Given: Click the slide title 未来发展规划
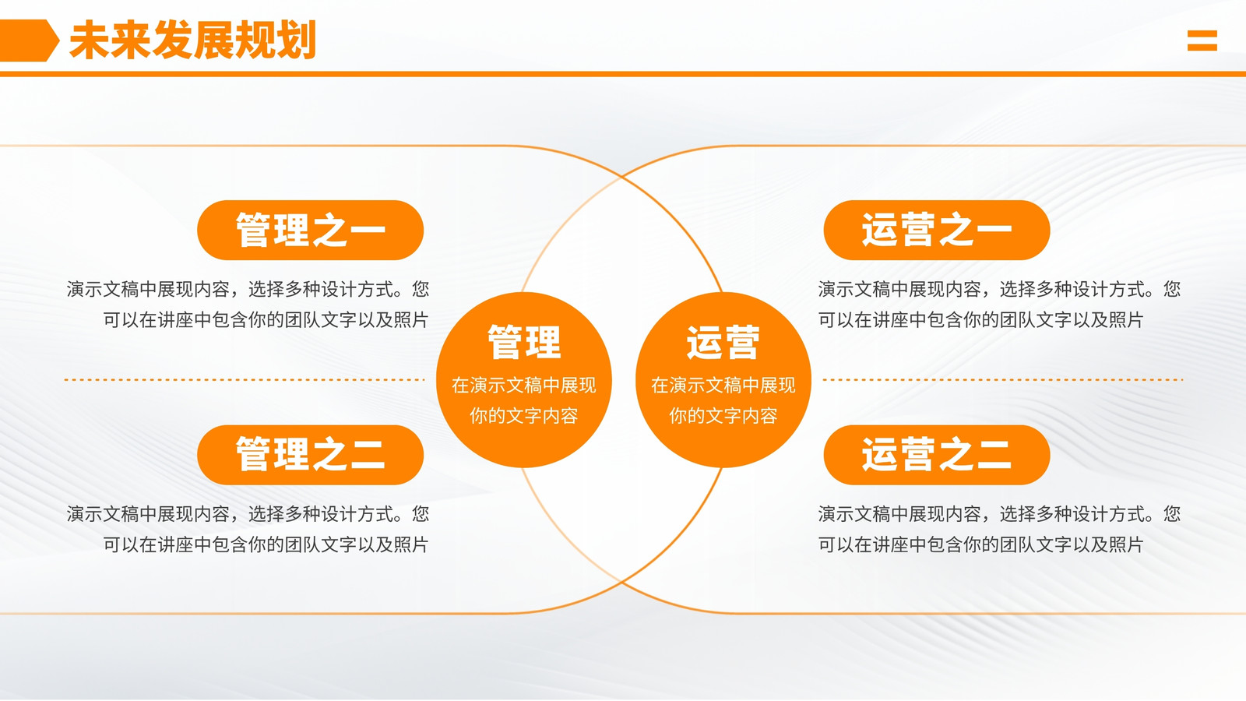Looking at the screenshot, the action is click(192, 40).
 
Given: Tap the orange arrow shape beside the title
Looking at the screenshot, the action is click(29, 40).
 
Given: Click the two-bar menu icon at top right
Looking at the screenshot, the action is click(1202, 41).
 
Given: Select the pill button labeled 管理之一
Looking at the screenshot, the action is click(311, 230).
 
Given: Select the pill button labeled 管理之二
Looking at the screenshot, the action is click(311, 455).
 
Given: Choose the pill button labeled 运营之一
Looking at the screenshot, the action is click(937, 230).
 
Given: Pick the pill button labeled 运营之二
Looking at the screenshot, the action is click(937, 455).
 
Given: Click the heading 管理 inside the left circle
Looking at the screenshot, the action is click(524, 342).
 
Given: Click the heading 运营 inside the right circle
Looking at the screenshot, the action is click(723, 342).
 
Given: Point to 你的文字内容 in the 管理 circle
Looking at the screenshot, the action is click(524, 416).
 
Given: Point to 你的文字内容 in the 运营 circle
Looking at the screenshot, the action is click(723, 416).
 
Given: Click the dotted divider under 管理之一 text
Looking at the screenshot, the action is click(245, 379).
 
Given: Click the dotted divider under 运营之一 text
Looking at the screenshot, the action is click(1003, 379).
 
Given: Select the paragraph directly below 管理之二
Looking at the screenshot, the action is click(248, 529).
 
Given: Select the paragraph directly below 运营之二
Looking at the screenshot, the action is click(999, 529).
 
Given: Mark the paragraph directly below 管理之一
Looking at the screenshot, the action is click(248, 305).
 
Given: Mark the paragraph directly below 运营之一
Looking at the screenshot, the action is click(999, 305).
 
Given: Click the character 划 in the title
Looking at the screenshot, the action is click(296, 40).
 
